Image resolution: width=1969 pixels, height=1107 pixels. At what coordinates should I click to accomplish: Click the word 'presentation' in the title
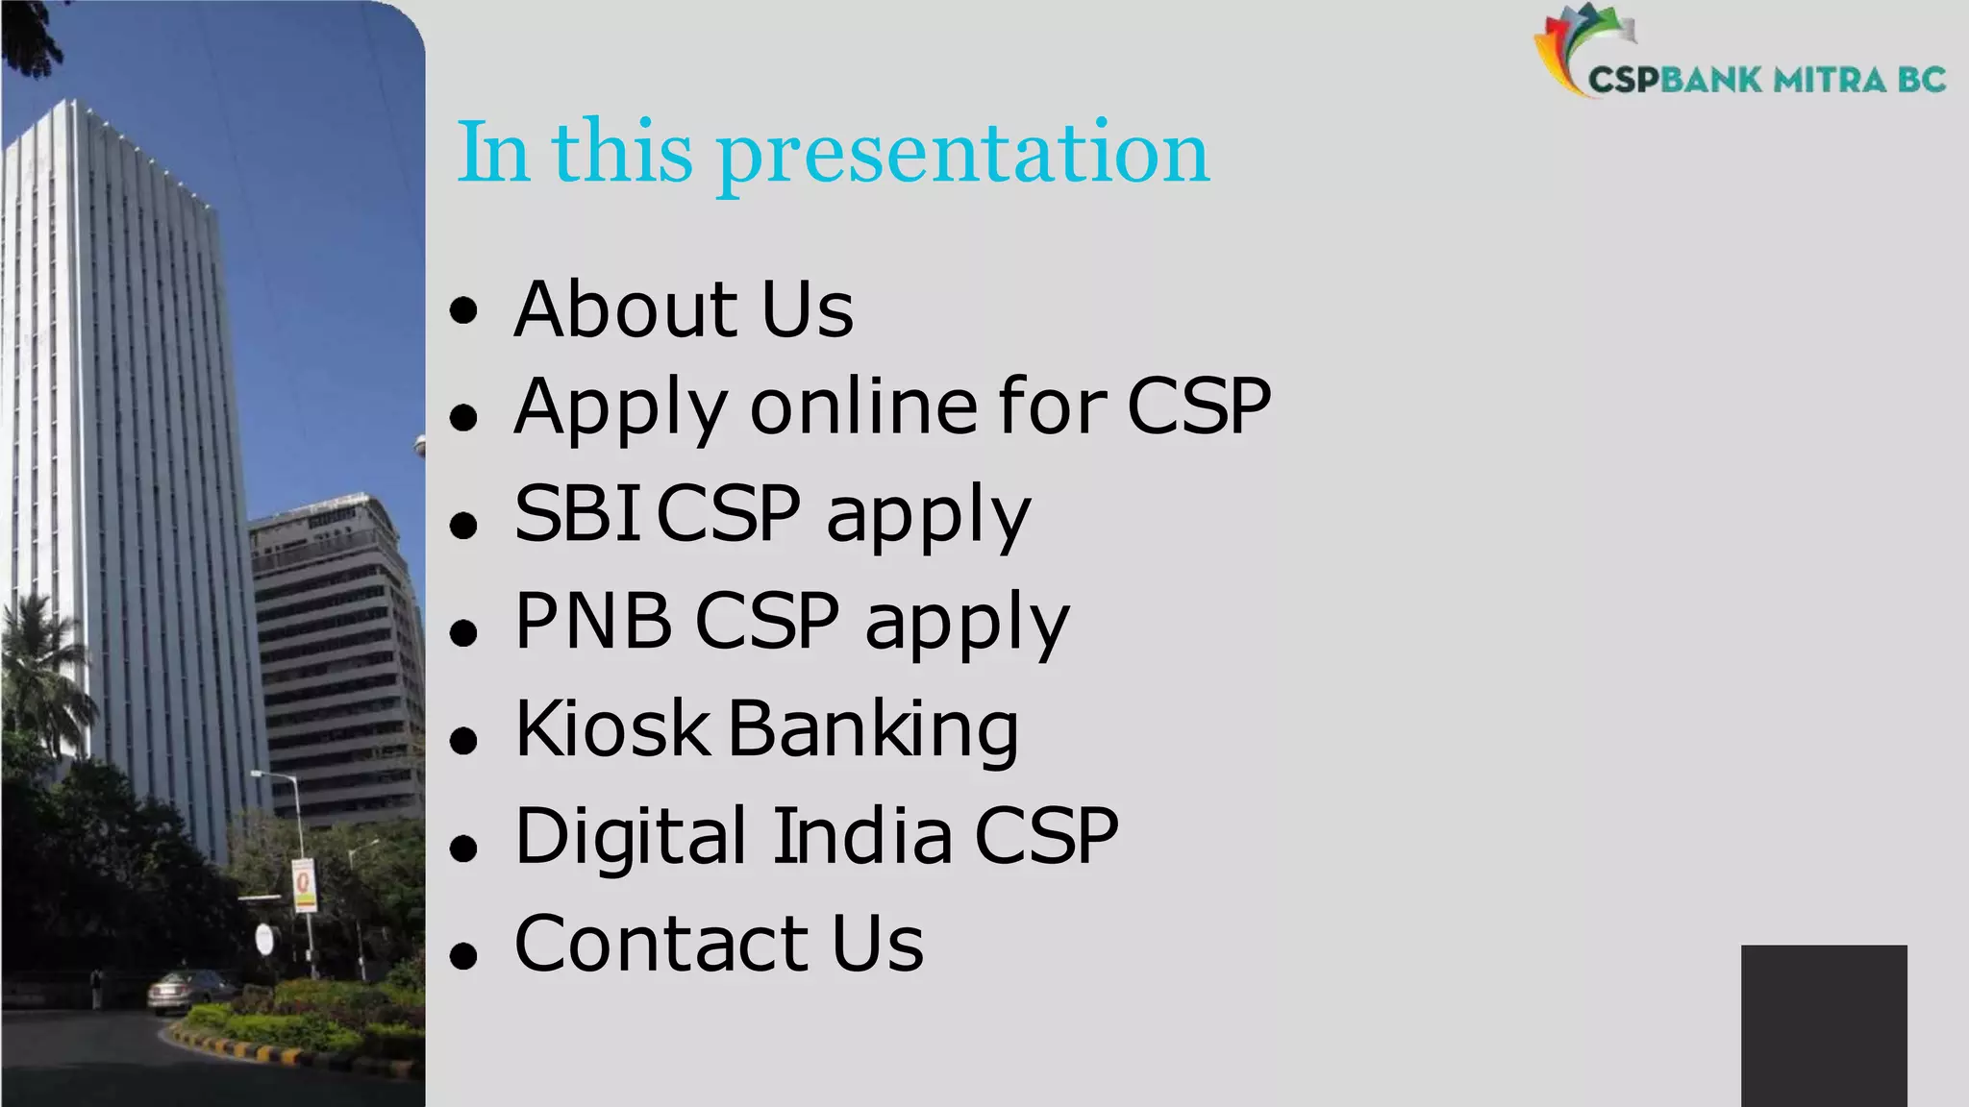tap(961, 154)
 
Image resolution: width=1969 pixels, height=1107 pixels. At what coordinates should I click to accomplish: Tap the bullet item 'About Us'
tap(683, 309)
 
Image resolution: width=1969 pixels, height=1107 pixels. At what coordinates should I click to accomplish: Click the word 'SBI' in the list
tap(577, 513)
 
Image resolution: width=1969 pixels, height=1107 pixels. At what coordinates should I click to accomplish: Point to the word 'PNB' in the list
tap(593, 621)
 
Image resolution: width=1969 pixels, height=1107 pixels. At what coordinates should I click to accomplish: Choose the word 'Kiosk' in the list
tap(611, 728)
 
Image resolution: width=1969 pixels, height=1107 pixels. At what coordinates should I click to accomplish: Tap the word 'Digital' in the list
tap(630, 836)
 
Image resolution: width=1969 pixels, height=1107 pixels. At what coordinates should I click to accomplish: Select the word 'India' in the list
tap(862, 836)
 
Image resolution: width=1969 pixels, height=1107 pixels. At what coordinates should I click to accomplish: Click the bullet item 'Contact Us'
tap(718, 944)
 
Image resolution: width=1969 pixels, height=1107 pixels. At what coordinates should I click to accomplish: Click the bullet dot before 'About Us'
tap(463, 311)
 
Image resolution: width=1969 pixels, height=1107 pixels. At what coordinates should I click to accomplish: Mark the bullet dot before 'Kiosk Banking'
tap(463, 740)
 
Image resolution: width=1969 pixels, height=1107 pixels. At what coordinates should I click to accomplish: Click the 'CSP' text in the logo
tap(1623, 80)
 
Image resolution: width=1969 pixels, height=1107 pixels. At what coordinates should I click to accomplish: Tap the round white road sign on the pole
tap(264, 939)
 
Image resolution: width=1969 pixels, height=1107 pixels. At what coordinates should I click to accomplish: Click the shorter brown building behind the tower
tap(336, 653)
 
